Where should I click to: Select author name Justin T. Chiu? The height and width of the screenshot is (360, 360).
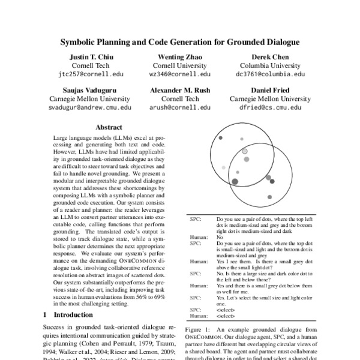click(89, 57)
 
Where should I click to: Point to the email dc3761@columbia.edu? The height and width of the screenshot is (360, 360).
click(270, 75)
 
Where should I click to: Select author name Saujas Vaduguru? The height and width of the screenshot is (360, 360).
click(89, 90)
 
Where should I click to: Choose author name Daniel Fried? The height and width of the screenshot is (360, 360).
click(270, 90)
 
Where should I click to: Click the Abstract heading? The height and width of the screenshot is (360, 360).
click(109, 128)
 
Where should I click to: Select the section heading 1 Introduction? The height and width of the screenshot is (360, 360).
click(68, 314)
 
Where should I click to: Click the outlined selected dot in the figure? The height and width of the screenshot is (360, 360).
click(244, 152)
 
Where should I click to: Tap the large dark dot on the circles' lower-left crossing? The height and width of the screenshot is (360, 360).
click(235, 181)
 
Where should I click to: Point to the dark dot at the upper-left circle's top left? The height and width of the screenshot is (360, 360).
click(221, 139)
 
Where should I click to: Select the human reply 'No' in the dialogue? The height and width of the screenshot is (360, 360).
click(220, 236)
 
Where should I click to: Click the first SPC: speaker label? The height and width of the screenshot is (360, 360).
click(194, 220)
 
